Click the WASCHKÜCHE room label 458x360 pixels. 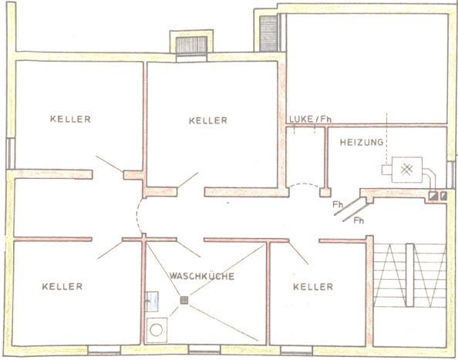click(202, 276)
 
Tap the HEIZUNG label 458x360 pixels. click(362, 142)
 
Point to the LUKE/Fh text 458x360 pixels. click(310, 119)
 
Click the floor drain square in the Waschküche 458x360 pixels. click(184, 300)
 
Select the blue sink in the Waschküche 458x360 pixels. click(152, 301)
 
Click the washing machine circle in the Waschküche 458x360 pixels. click(157, 330)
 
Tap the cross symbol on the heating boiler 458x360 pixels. click(406, 170)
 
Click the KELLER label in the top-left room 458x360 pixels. click(70, 119)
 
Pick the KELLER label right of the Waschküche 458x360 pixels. click(313, 287)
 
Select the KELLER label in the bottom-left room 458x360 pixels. click(62, 287)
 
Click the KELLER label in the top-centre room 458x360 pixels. click(208, 120)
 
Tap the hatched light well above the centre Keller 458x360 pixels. click(192, 45)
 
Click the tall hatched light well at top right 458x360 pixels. click(268, 33)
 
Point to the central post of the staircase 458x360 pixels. click(409, 274)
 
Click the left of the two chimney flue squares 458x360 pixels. click(433, 196)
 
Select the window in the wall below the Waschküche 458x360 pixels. click(204, 349)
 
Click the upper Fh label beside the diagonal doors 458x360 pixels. click(338, 205)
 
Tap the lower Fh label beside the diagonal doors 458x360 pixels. click(359, 220)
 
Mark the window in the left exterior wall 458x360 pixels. click(11, 153)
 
